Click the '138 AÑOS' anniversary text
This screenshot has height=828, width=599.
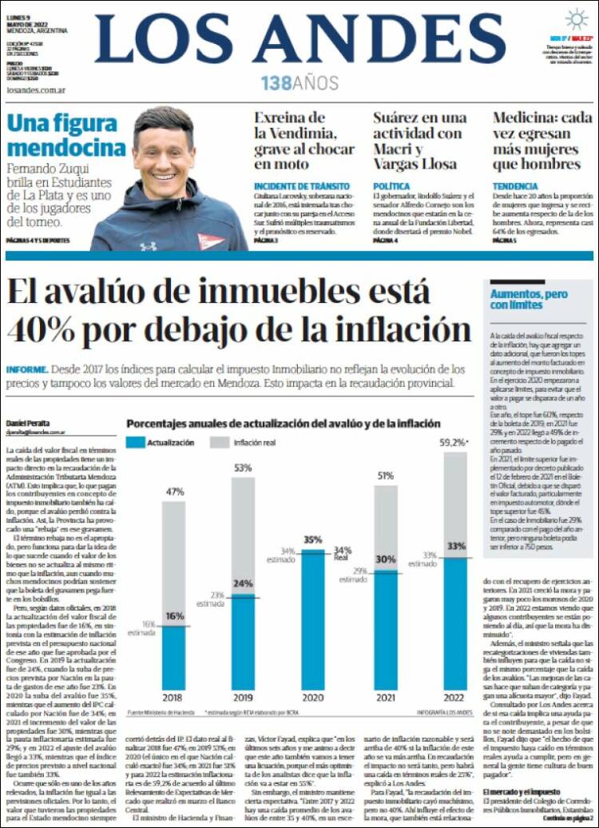point(299,82)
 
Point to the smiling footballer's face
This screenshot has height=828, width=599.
point(164,153)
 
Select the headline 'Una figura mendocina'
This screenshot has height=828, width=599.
point(66,135)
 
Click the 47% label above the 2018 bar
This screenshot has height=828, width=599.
point(175,492)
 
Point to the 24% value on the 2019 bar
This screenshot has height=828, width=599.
point(243,583)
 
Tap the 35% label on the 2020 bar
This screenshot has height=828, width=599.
point(312,539)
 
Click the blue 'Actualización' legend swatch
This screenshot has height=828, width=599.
point(145,442)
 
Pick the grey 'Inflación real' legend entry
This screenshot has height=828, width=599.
point(255,442)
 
